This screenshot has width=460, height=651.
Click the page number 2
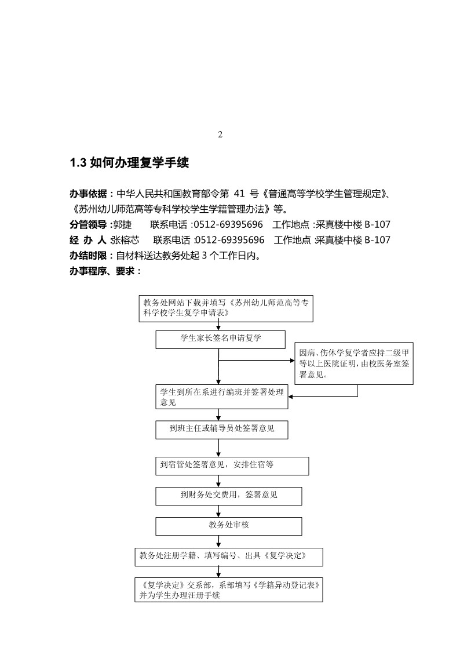click(x=220, y=135)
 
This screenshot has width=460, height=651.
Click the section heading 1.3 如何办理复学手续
click(x=129, y=163)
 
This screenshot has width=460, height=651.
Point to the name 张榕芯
click(x=125, y=239)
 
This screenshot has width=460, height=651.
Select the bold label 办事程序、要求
click(x=101, y=270)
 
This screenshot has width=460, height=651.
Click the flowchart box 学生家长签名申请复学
click(x=220, y=339)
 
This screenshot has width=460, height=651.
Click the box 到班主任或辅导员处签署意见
click(x=221, y=430)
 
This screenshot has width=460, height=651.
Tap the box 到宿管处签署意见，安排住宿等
click(x=232, y=465)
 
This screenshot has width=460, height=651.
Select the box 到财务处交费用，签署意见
click(x=229, y=496)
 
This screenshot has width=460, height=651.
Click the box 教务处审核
click(x=229, y=526)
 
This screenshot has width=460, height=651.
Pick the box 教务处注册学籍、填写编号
click(x=228, y=557)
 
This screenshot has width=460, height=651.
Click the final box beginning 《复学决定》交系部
click(x=228, y=590)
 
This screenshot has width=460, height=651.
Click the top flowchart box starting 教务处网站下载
click(x=226, y=308)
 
